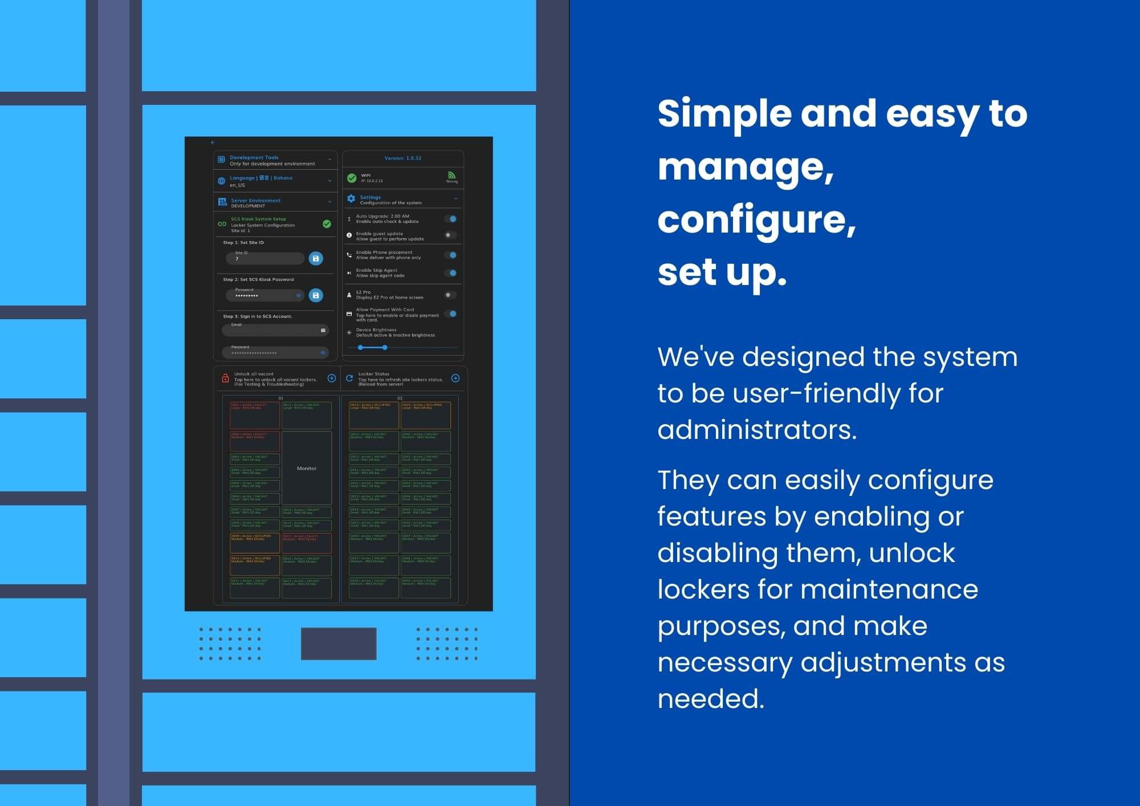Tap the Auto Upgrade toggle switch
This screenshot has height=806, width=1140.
451,219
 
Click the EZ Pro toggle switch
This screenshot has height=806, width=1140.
450,295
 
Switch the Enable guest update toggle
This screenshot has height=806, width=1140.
450,235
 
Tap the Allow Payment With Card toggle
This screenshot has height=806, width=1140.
451,314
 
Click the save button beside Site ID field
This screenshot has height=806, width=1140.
316,258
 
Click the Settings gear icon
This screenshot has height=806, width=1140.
351,198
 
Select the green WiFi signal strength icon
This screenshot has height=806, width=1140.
451,176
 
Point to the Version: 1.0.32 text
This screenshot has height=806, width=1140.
402,158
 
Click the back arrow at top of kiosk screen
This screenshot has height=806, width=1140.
213,143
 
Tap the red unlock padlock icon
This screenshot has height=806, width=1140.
225,378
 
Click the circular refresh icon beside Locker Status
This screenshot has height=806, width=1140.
349,378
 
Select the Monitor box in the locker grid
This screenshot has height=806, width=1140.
307,468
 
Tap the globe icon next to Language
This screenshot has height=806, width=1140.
222,181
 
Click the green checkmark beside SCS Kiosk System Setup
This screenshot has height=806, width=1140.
327,224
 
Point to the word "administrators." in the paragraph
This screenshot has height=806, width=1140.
757,430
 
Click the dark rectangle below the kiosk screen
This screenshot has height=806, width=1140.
339,644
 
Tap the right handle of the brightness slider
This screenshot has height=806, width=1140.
385,347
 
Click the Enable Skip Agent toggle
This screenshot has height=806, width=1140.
451,273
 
